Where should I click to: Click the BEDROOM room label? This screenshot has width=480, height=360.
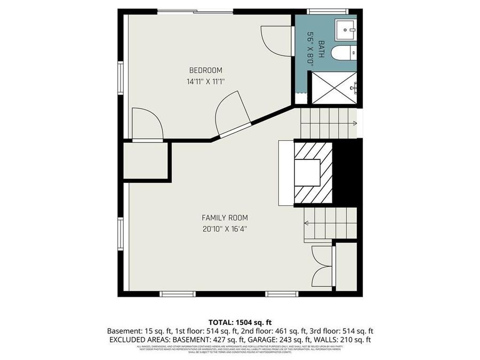point(206,70)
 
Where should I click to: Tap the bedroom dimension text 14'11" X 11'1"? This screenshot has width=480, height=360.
point(206,82)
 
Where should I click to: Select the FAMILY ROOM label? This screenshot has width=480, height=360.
point(225,218)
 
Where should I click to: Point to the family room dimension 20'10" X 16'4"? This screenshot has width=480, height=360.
point(225,229)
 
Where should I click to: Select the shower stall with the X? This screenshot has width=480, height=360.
point(334,87)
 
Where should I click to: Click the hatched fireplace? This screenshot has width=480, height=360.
point(313,172)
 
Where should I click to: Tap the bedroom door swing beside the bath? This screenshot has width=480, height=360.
point(273,40)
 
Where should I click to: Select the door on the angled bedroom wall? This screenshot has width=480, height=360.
point(233,113)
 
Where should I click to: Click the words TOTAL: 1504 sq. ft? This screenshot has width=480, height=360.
point(240,322)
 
